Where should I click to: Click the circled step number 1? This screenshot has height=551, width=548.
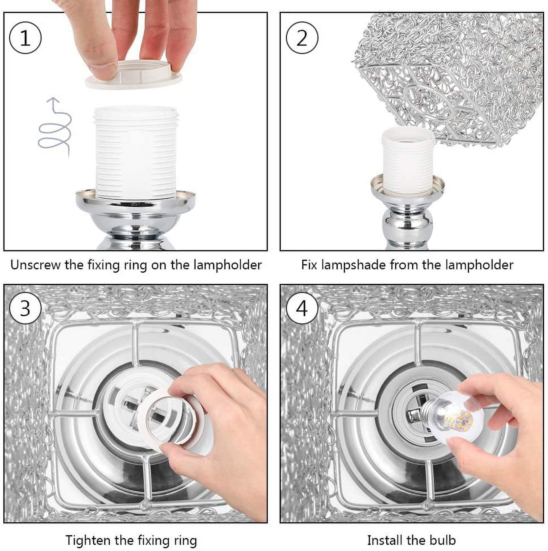coord(25,38)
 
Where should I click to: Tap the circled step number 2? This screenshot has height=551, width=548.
coord(302,38)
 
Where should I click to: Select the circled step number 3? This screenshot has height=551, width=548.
coord(25,309)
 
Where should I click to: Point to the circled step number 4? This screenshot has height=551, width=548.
coord(302,309)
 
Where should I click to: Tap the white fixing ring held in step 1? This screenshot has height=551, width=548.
coord(134,75)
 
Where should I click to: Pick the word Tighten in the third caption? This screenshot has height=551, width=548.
coord(88,540)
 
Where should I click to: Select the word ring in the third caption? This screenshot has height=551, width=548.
coord(184,541)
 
